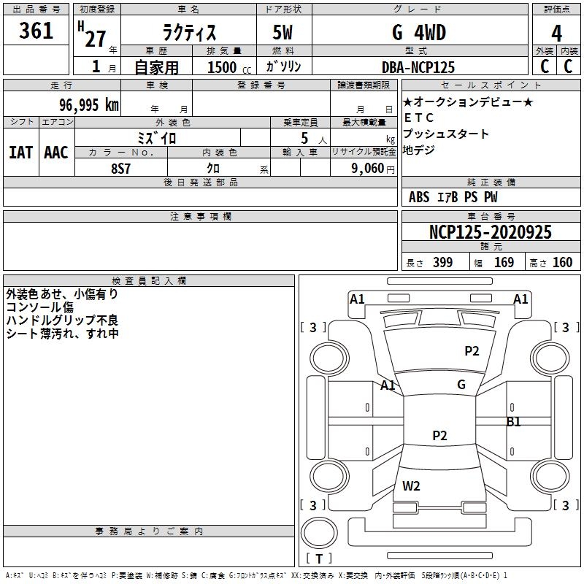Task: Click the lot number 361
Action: (36, 31)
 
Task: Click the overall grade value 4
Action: (556, 34)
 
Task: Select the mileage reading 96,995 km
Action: (88, 105)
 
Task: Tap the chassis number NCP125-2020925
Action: (490, 232)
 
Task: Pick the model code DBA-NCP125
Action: (418, 67)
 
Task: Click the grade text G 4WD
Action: (419, 32)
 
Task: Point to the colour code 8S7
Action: (120, 169)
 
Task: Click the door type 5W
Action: (283, 32)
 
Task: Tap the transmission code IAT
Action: (21, 153)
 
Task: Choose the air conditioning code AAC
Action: (56, 153)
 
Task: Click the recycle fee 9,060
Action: (368, 169)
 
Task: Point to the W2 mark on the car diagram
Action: (411, 485)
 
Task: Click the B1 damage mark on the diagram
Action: (514, 422)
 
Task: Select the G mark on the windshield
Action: (461, 385)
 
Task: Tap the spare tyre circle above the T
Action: (319, 533)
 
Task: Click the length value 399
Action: (443, 262)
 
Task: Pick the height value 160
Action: (562, 262)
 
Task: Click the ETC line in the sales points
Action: (419, 118)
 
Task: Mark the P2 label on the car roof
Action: (440, 435)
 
